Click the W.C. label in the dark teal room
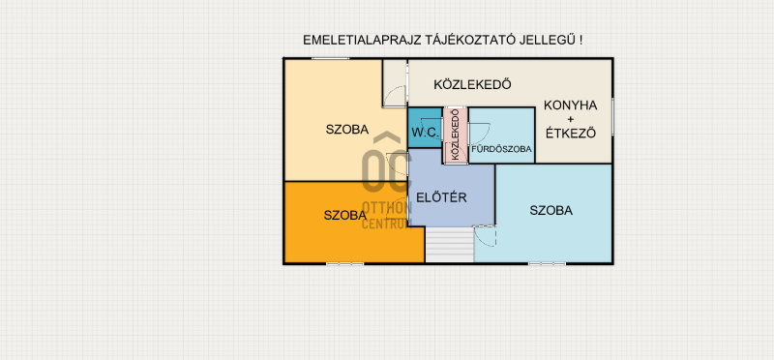point(425,133)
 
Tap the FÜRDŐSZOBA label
point(501,149)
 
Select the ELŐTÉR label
point(441,197)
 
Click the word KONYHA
point(570,105)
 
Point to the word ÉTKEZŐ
point(571,134)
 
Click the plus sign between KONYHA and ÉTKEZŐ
point(571,119)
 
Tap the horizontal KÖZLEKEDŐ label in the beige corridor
point(472,84)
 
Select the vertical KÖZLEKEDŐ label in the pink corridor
point(455,134)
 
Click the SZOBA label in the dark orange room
point(345,215)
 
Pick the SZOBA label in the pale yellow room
point(347,130)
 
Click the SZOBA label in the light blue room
point(551,210)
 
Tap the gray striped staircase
point(450,245)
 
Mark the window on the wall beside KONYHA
point(612,116)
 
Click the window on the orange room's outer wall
point(344,264)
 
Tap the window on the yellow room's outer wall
point(330,59)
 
